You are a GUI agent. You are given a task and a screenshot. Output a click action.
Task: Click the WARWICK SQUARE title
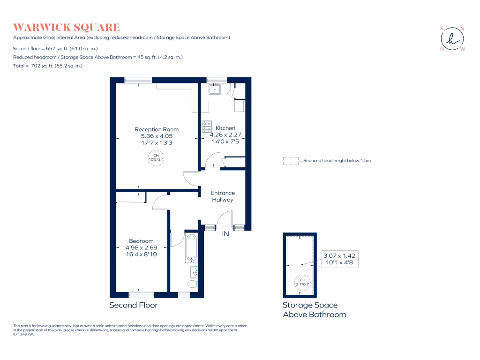click(x=67, y=27)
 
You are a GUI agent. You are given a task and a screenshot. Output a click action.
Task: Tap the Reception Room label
click(x=157, y=129)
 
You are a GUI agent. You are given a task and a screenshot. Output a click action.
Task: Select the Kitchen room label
click(x=225, y=128)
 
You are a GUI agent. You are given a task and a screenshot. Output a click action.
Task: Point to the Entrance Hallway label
click(x=223, y=196)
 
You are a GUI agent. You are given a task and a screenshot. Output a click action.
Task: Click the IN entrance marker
click(x=225, y=233)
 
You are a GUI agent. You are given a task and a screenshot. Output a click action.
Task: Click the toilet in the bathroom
click(x=192, y=284)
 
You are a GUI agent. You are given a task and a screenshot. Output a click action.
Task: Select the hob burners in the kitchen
click(x=207, y=127)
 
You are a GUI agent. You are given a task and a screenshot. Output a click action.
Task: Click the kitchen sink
click(x=216, y=89)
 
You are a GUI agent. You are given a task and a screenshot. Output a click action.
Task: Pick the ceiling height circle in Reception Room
click(x=156, y=157)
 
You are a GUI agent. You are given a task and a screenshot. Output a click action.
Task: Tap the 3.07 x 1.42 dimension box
click(x=339, y=259)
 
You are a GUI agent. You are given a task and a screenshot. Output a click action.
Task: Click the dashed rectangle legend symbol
click(x=291, y=161)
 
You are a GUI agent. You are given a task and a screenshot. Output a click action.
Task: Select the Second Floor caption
click(x=134, y=305)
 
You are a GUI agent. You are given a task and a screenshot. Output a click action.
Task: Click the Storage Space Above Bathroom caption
click(x=314, y=310)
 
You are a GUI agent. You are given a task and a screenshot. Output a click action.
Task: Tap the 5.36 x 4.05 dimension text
click(x=157, y=136)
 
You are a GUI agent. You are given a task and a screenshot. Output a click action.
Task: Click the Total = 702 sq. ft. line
click(x=48, y=66)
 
